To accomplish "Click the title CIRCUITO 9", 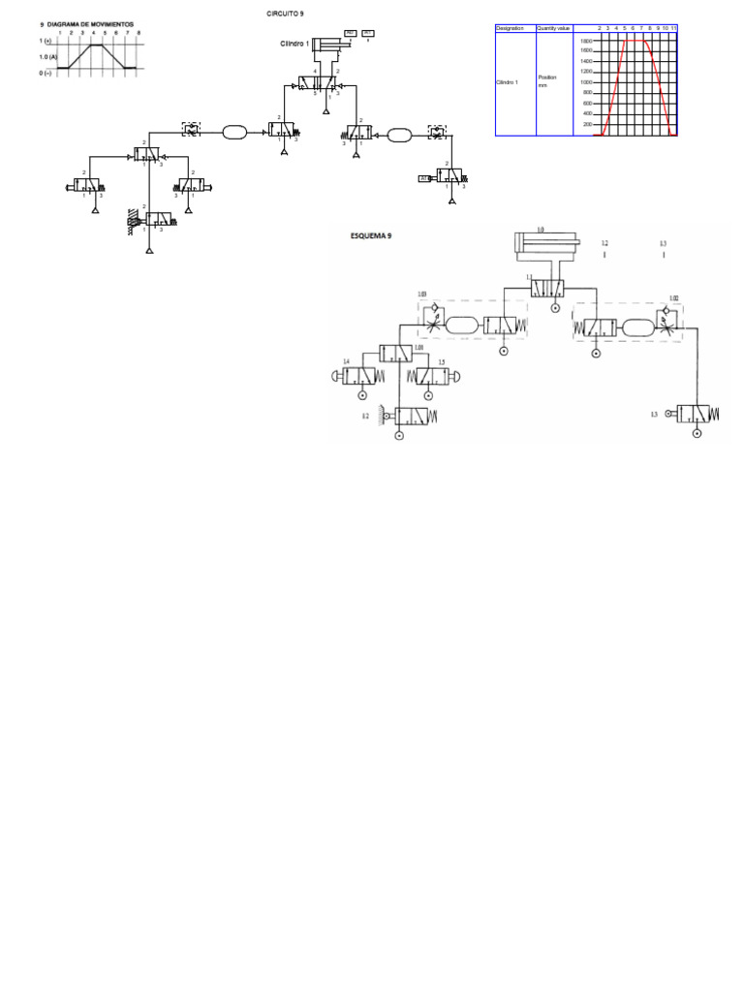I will pos(285,14).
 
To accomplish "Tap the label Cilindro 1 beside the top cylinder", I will pos(294,44).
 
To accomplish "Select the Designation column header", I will pos(510,28).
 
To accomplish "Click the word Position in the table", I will pos(547,77).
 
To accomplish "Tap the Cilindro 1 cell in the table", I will pos(508,82).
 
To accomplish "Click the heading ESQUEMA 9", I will pos(371,235).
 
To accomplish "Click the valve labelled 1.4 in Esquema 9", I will pos(361,377).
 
